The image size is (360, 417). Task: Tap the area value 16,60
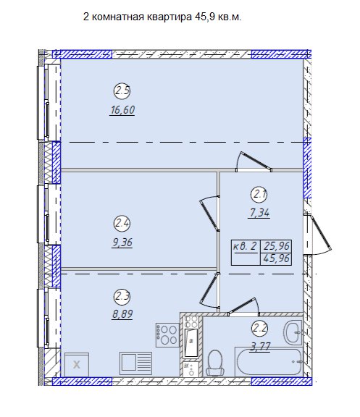(x=122, y=110)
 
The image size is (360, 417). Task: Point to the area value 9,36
(x=122, y=243)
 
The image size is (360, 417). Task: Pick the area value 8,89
(x=122, y=314)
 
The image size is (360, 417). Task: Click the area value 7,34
(x=259, y=213)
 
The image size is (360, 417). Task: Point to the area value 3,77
(x=260, y=347)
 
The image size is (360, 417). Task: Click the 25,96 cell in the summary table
(x=276, y=246)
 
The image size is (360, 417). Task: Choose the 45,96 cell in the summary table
(x=276, y=259)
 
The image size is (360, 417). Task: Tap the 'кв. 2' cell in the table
(x=246, y=246)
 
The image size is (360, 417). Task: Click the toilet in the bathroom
(x=214, y=363)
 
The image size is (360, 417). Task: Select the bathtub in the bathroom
(x=269, y=362)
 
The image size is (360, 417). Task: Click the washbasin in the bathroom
(x=293, y=333)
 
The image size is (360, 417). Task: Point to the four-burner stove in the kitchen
(x=167, y=334)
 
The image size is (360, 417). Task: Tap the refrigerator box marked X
(x=77, y=365)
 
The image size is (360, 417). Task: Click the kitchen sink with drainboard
(x=135, y=363)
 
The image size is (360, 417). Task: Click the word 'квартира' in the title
(x=169, y=17)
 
